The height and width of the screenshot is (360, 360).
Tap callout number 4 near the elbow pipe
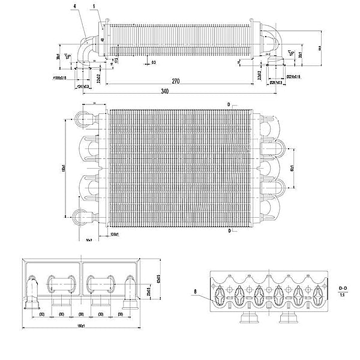coord(74,7)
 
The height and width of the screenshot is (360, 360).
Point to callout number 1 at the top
coord(94,7)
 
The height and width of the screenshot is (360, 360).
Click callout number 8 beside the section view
coord(196,293)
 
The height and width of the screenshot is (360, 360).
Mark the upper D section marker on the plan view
coord(229,104)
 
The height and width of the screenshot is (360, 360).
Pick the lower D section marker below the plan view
coord(229,230)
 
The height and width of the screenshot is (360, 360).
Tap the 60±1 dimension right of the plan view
coord(293,161)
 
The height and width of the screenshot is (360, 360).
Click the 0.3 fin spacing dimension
coord(154,62)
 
